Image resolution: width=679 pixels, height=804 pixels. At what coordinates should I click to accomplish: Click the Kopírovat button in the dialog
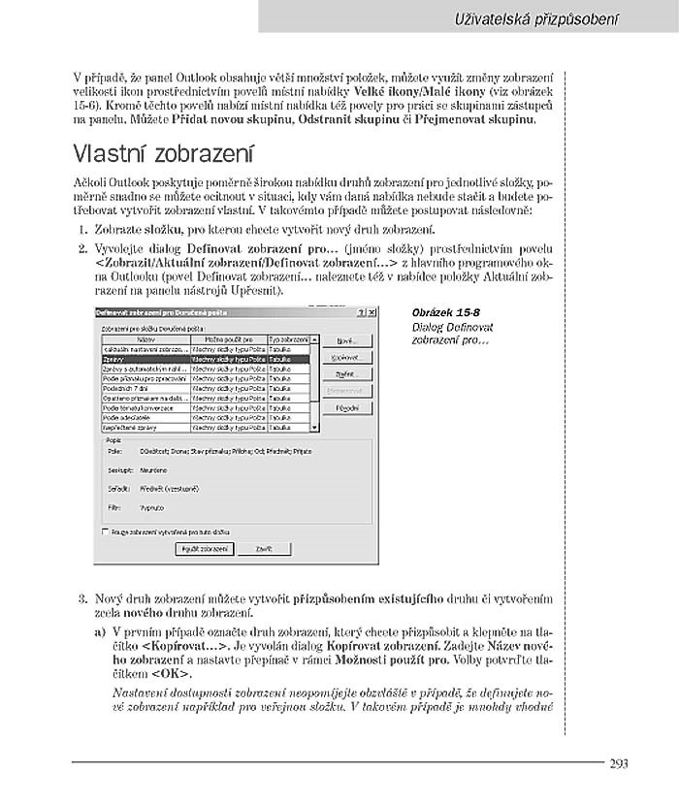click(x=347, y=358)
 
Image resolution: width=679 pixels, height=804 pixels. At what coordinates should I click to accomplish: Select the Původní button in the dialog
click(x=347, y=408)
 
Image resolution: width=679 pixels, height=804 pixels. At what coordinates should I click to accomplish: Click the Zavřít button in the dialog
click(x=264, y=548)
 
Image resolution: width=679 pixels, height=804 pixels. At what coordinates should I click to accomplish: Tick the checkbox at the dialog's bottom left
click(x=105, y=532)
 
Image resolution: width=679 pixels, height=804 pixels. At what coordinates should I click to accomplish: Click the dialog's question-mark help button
click(x=360, y=312)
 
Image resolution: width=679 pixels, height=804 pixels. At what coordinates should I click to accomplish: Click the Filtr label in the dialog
click(x=113, y=506)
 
